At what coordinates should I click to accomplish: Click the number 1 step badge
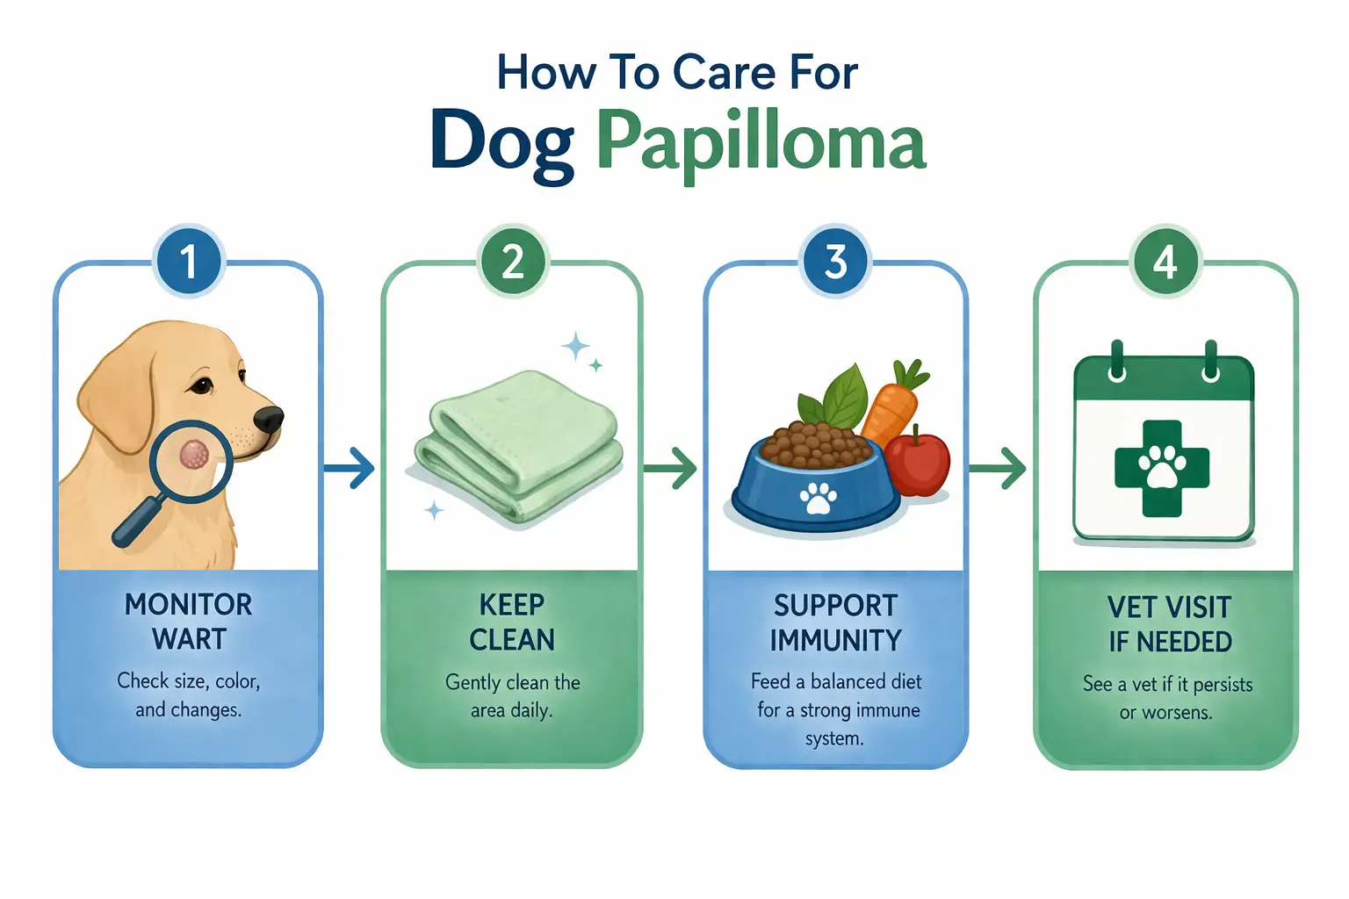(x=189, y=262)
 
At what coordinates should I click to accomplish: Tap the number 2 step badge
(x=513, y=262)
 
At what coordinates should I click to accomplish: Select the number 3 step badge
(x=836, y=262)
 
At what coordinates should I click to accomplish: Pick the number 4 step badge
(x=1165, y=262)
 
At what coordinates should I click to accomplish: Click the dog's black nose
(x=269, y=419)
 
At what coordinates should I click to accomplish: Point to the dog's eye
(x=202, y=385)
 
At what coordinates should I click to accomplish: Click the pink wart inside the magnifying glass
(x=193, y=454)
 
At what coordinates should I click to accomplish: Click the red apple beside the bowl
(x=918, y=462)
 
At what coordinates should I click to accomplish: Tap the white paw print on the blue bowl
(x=818, y=499)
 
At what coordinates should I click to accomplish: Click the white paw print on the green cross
(x=1162, y=468)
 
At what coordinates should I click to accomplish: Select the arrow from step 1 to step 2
(x=350, y=468)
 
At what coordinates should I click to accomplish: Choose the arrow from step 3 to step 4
(x=1000, y=468)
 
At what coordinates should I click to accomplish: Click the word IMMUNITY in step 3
(x=835, y=641)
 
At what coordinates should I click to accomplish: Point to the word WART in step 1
(x=189, y=639)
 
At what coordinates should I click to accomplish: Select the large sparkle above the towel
(x=576, y=346)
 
